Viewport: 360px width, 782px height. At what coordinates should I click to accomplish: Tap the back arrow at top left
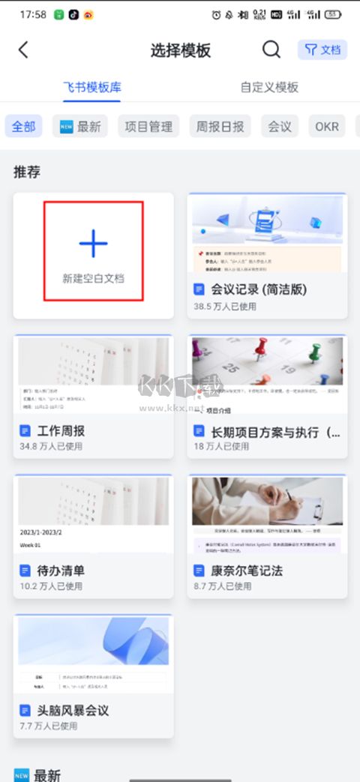click(x=23, y=49)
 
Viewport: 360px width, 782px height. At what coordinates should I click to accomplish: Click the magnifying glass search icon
click(x=271, y=49)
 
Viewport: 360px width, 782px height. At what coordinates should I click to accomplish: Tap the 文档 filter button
click(x=322, y=49)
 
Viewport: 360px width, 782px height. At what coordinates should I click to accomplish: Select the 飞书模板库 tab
click(x=92, y=87)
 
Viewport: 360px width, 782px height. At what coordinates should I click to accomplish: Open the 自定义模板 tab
click(x=269, y=87)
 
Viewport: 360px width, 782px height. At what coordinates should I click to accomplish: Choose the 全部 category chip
click(x=24, y=126)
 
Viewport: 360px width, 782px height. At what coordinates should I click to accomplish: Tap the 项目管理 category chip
click(x=148, y=126)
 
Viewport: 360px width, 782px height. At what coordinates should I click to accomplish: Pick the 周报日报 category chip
click(x=220, y=126)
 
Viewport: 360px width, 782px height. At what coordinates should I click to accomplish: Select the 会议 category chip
click(x=280, y=126)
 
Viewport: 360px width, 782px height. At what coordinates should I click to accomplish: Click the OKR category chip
click(x=327, y=126)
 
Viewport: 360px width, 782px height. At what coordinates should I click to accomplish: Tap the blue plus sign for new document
click(x=93, y=244)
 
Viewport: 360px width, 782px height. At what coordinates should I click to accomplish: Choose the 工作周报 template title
click(x=62, y=431)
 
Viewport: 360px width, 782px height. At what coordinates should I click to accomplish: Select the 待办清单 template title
click(x=62, y=571)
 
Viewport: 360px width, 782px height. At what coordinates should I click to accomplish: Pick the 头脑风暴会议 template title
click(x=73, y=710)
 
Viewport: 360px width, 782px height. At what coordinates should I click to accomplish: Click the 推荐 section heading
click(x=26, y=172)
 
